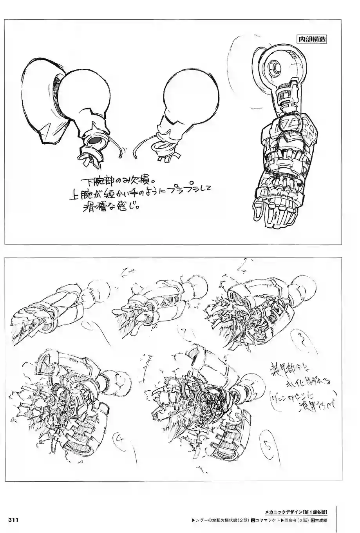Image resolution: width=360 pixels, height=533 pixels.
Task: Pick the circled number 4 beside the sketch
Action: pyautogui.click(x=119, y=441)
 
